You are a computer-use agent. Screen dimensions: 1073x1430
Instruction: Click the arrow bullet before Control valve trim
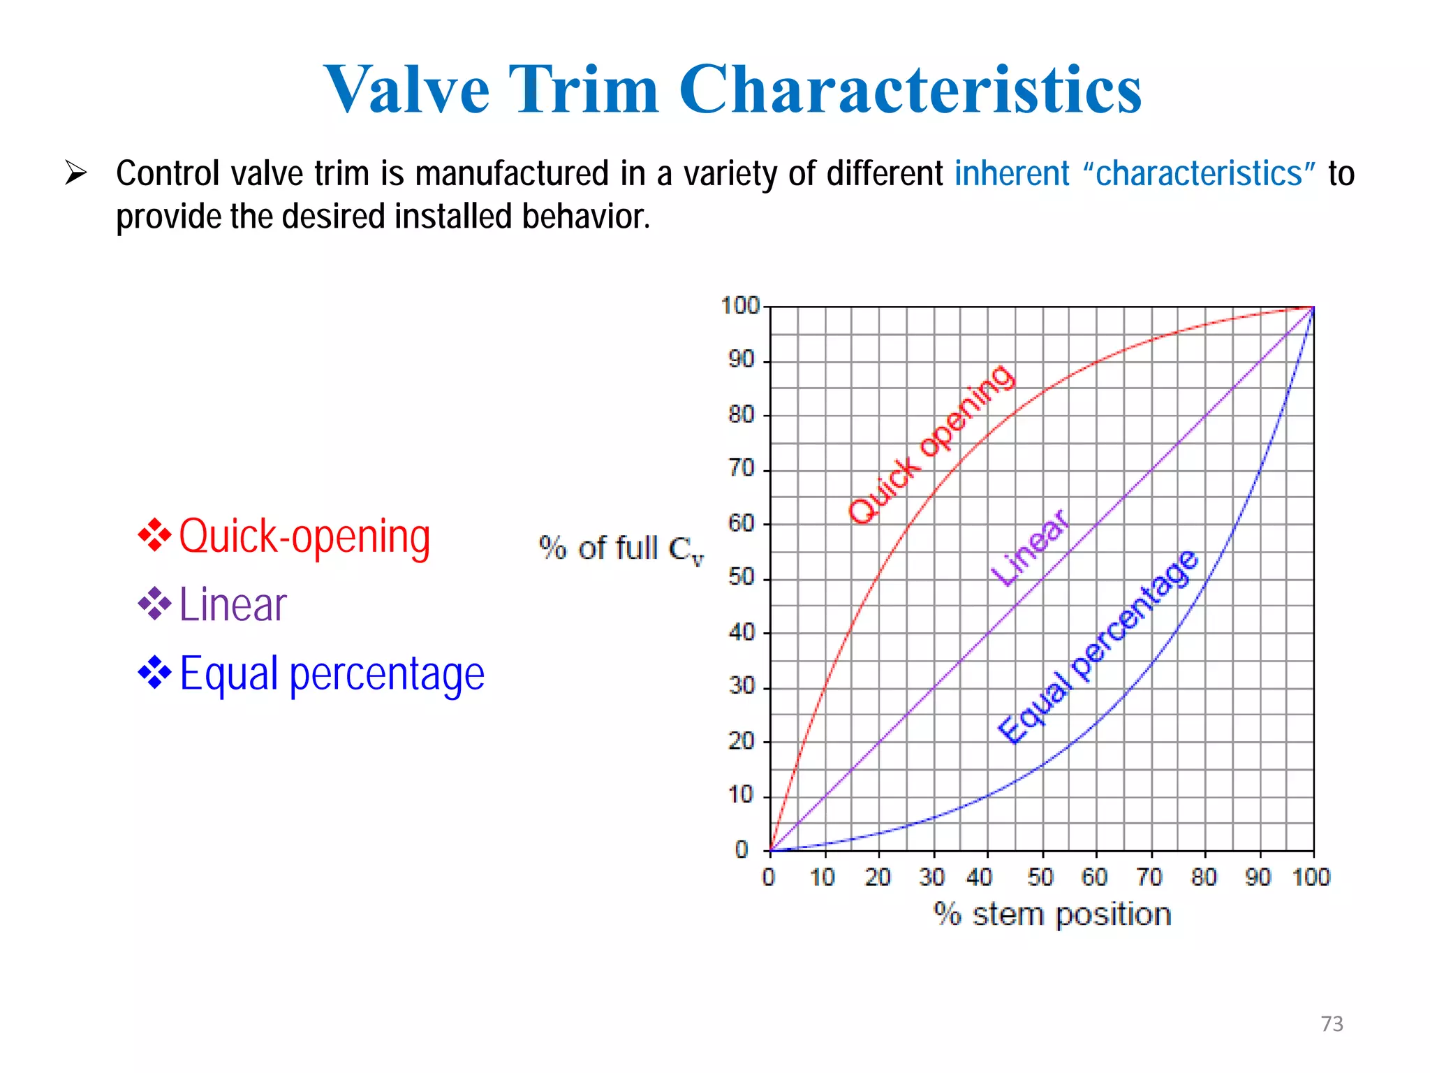pos(75,173)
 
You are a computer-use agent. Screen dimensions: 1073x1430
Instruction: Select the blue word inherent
pos(1012,173)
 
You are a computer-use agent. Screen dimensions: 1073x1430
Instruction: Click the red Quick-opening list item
pos(304,536)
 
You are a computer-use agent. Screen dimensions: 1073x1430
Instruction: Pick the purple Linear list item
pos(233,605)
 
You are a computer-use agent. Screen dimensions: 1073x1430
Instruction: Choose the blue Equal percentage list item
pos(332,673)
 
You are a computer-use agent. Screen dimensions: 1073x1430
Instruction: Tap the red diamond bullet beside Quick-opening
pos(154,536)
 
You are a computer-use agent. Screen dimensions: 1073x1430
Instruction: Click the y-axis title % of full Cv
pos(621,548)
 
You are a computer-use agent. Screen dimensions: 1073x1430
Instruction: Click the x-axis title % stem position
pos(1052,914)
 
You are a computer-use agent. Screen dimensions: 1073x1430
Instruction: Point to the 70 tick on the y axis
pos(742,468)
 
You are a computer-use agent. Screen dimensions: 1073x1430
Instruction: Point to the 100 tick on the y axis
pos(740,306)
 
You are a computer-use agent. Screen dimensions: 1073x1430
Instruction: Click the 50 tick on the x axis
pos(1040,877)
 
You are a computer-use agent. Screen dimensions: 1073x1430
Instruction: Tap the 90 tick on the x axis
pos(1258,877)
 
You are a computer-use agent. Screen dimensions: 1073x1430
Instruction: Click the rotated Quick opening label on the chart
pos(932,444)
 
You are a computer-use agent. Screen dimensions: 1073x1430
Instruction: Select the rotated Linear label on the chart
pos(1030,548)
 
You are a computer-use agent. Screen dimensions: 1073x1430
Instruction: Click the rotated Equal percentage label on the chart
pos(1099,648)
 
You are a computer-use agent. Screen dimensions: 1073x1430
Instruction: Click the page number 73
pos(1332,1023)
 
